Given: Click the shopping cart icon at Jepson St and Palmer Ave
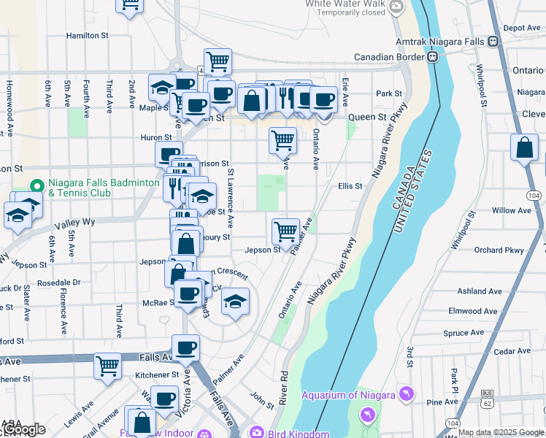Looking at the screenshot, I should click(285, 231).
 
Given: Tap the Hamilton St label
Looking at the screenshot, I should click(87, 35).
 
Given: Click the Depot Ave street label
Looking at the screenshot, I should click(522, 28).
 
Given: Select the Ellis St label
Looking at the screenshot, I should click(350, 186).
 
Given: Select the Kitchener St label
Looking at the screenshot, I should click(157, 374).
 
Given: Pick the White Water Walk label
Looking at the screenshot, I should click(345, 4).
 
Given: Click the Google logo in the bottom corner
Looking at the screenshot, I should click(23, 430).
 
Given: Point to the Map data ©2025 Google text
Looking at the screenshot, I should click(501, 432).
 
